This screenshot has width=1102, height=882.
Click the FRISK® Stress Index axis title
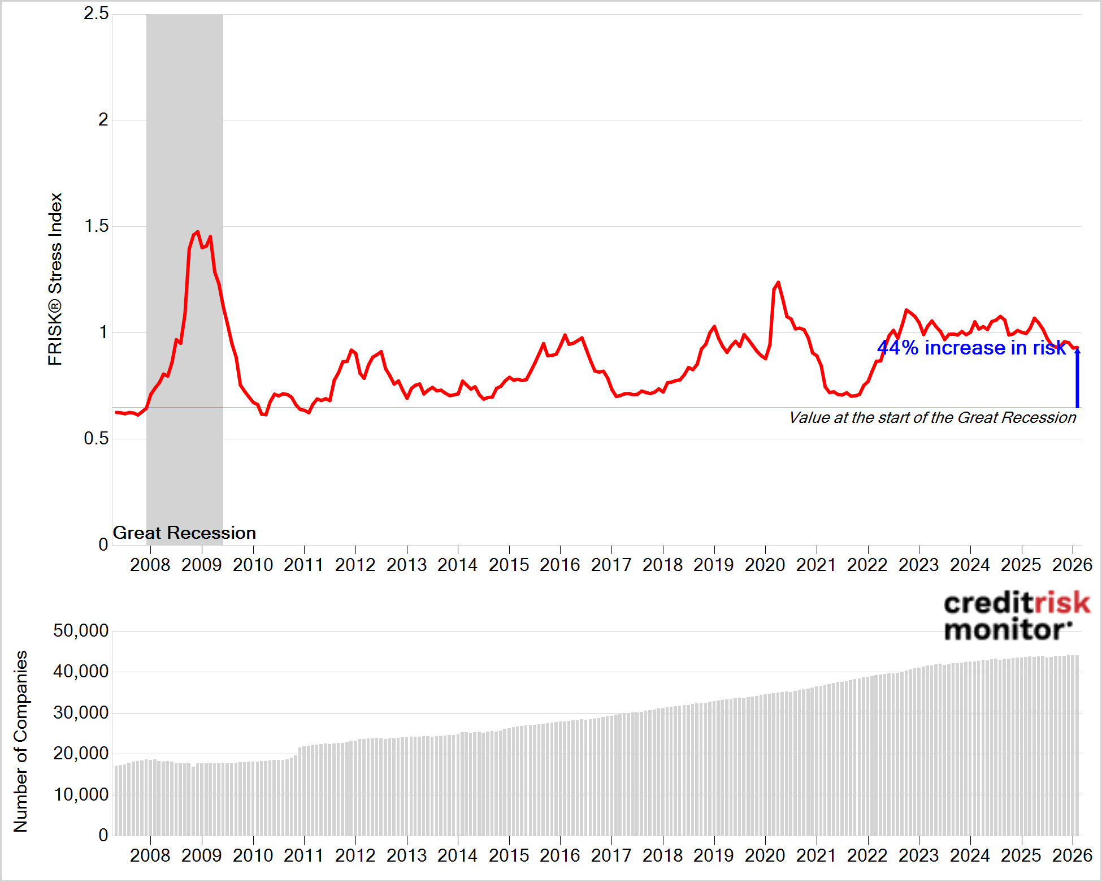coord(55,279)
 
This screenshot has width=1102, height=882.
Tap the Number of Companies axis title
coord(20,741)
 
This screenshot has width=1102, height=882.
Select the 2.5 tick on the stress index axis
coord(96,14)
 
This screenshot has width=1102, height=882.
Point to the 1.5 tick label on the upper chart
coord(96,226)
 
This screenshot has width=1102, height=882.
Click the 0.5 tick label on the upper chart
coord(96,439)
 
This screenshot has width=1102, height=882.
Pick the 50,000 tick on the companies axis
coord(81,630)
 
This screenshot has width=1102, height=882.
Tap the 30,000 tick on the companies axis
coord(81,712)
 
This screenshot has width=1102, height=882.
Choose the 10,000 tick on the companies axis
coord(81,794)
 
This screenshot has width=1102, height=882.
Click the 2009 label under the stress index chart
coord(202,565)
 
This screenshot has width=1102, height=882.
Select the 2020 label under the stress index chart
coord(765,565)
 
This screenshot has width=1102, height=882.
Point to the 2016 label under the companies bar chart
coord(560,855)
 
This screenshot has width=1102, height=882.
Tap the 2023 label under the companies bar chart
coord(919,855)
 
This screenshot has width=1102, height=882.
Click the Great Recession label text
coord(184,533)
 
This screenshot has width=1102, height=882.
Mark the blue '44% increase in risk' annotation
coord(971,348)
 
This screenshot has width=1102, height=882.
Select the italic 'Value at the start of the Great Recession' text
coord(932,418)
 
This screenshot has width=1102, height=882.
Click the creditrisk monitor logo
coord(1016,616)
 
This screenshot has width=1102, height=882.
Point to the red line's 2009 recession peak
coord(197,232)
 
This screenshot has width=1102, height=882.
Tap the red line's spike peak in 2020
coord(778,282)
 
